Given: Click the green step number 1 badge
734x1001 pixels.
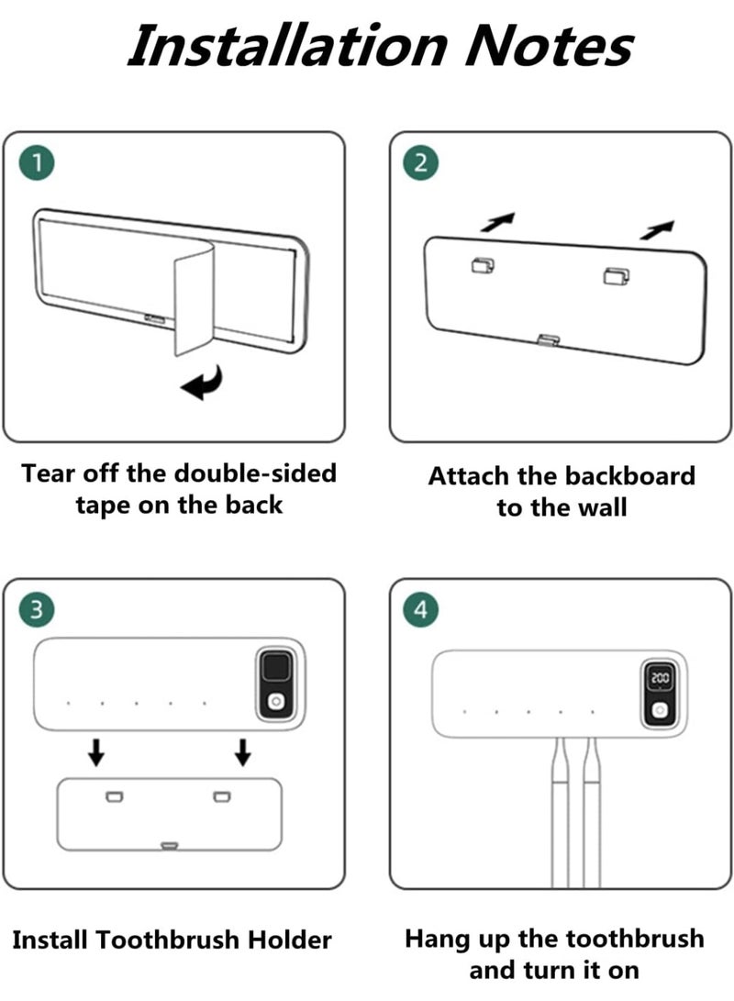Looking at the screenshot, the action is click(37, 162).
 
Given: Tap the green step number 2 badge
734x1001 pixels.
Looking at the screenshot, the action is click(420, 162).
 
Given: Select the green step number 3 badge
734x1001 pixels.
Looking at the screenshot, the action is click(37, 609).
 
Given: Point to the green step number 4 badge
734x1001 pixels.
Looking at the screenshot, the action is click(420, 609).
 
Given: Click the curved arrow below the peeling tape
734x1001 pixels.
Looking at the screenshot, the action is click(206, 384).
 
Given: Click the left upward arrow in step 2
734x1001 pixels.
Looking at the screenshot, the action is click(498, 221).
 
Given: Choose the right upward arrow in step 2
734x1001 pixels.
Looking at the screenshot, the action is click(657, 229).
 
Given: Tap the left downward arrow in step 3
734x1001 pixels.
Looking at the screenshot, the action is click(96, 752).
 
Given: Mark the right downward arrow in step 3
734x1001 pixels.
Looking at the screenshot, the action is click(242, 752).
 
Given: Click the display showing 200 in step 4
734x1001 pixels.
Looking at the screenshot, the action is click(660, 677).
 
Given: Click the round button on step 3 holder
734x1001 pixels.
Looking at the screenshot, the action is click(276, 702).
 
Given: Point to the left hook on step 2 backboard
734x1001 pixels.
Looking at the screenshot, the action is click(483, 265).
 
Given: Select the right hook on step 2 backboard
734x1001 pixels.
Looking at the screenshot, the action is click(617, 276).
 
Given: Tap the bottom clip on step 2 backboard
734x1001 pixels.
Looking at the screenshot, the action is click(549, 339).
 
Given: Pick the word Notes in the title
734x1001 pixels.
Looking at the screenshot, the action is click(549, 46).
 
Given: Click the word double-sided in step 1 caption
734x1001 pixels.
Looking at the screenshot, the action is click(255, 473).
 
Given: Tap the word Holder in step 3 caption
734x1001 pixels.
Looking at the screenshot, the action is click(289, 940).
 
